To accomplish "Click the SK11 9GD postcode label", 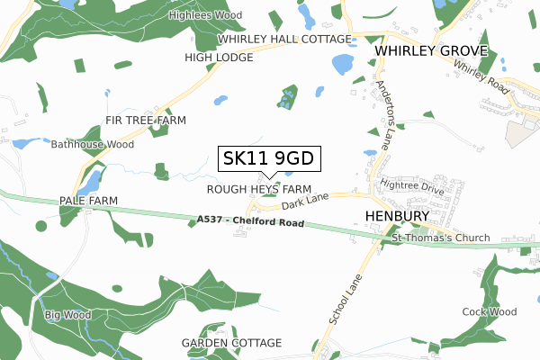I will click(267, 159).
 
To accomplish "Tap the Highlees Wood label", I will click(205, 16).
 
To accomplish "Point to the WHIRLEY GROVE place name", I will click(432, 51).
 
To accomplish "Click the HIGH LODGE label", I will click(220, 58).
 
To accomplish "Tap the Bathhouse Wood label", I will click(93, 144).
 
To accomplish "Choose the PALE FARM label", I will click(89, 200).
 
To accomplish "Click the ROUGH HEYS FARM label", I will click(259, 190).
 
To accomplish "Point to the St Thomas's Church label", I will click(441, 238).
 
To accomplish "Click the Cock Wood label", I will click(489, 312).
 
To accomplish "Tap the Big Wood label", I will click(63, 315).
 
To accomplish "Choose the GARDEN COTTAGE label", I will click(231, 343).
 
